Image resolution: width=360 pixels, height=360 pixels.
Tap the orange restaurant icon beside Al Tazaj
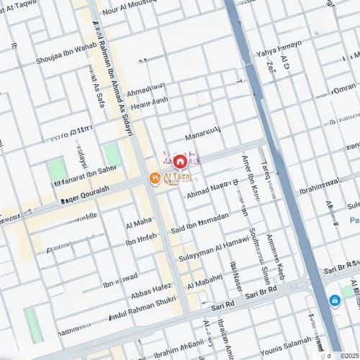[x=155, y=178]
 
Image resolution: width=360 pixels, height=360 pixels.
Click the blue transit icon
[x=335, y=300]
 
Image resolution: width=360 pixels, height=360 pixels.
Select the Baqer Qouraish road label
[x=84, y=191]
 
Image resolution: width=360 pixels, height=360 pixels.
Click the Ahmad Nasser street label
[x=210, y=189]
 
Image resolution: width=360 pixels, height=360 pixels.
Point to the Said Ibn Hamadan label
[x=199, y=222]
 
